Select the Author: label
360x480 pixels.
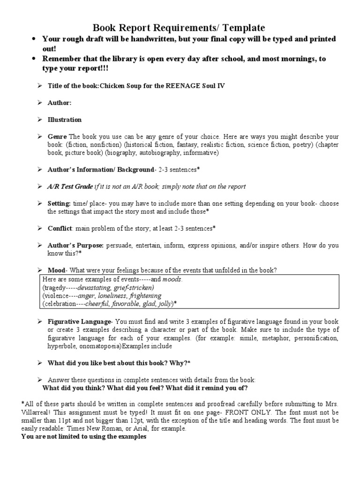(x=60, y=103)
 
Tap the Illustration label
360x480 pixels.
(x=65, y=120)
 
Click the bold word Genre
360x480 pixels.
(x=57, y=136)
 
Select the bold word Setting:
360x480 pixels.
(x=59, y=203)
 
